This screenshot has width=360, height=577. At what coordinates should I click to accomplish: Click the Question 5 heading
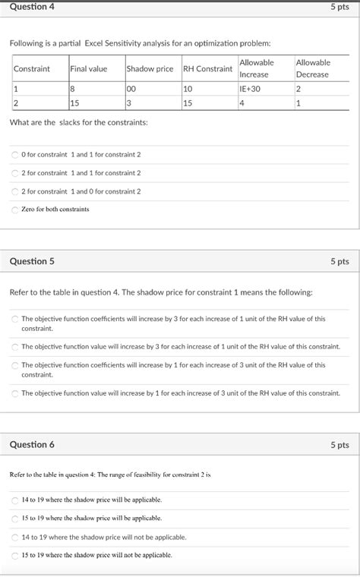32,261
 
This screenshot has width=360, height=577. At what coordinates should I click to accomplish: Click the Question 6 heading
32,445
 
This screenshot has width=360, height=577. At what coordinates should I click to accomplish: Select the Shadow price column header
150,69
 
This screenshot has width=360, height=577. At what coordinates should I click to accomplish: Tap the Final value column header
89,69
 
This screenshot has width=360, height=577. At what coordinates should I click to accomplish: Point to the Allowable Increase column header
256,68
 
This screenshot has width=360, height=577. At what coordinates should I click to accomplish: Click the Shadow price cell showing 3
130,103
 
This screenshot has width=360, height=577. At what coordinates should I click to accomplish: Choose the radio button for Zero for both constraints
15,210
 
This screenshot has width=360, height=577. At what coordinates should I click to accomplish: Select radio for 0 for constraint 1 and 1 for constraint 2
15,155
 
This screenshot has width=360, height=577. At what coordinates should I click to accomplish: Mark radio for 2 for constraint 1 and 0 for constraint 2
15,192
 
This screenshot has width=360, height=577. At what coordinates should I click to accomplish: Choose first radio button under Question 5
15,320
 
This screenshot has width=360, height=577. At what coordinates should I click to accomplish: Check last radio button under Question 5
15,393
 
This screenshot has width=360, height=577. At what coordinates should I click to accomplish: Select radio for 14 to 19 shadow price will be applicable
15,500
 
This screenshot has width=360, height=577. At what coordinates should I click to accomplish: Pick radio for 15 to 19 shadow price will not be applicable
15,555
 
